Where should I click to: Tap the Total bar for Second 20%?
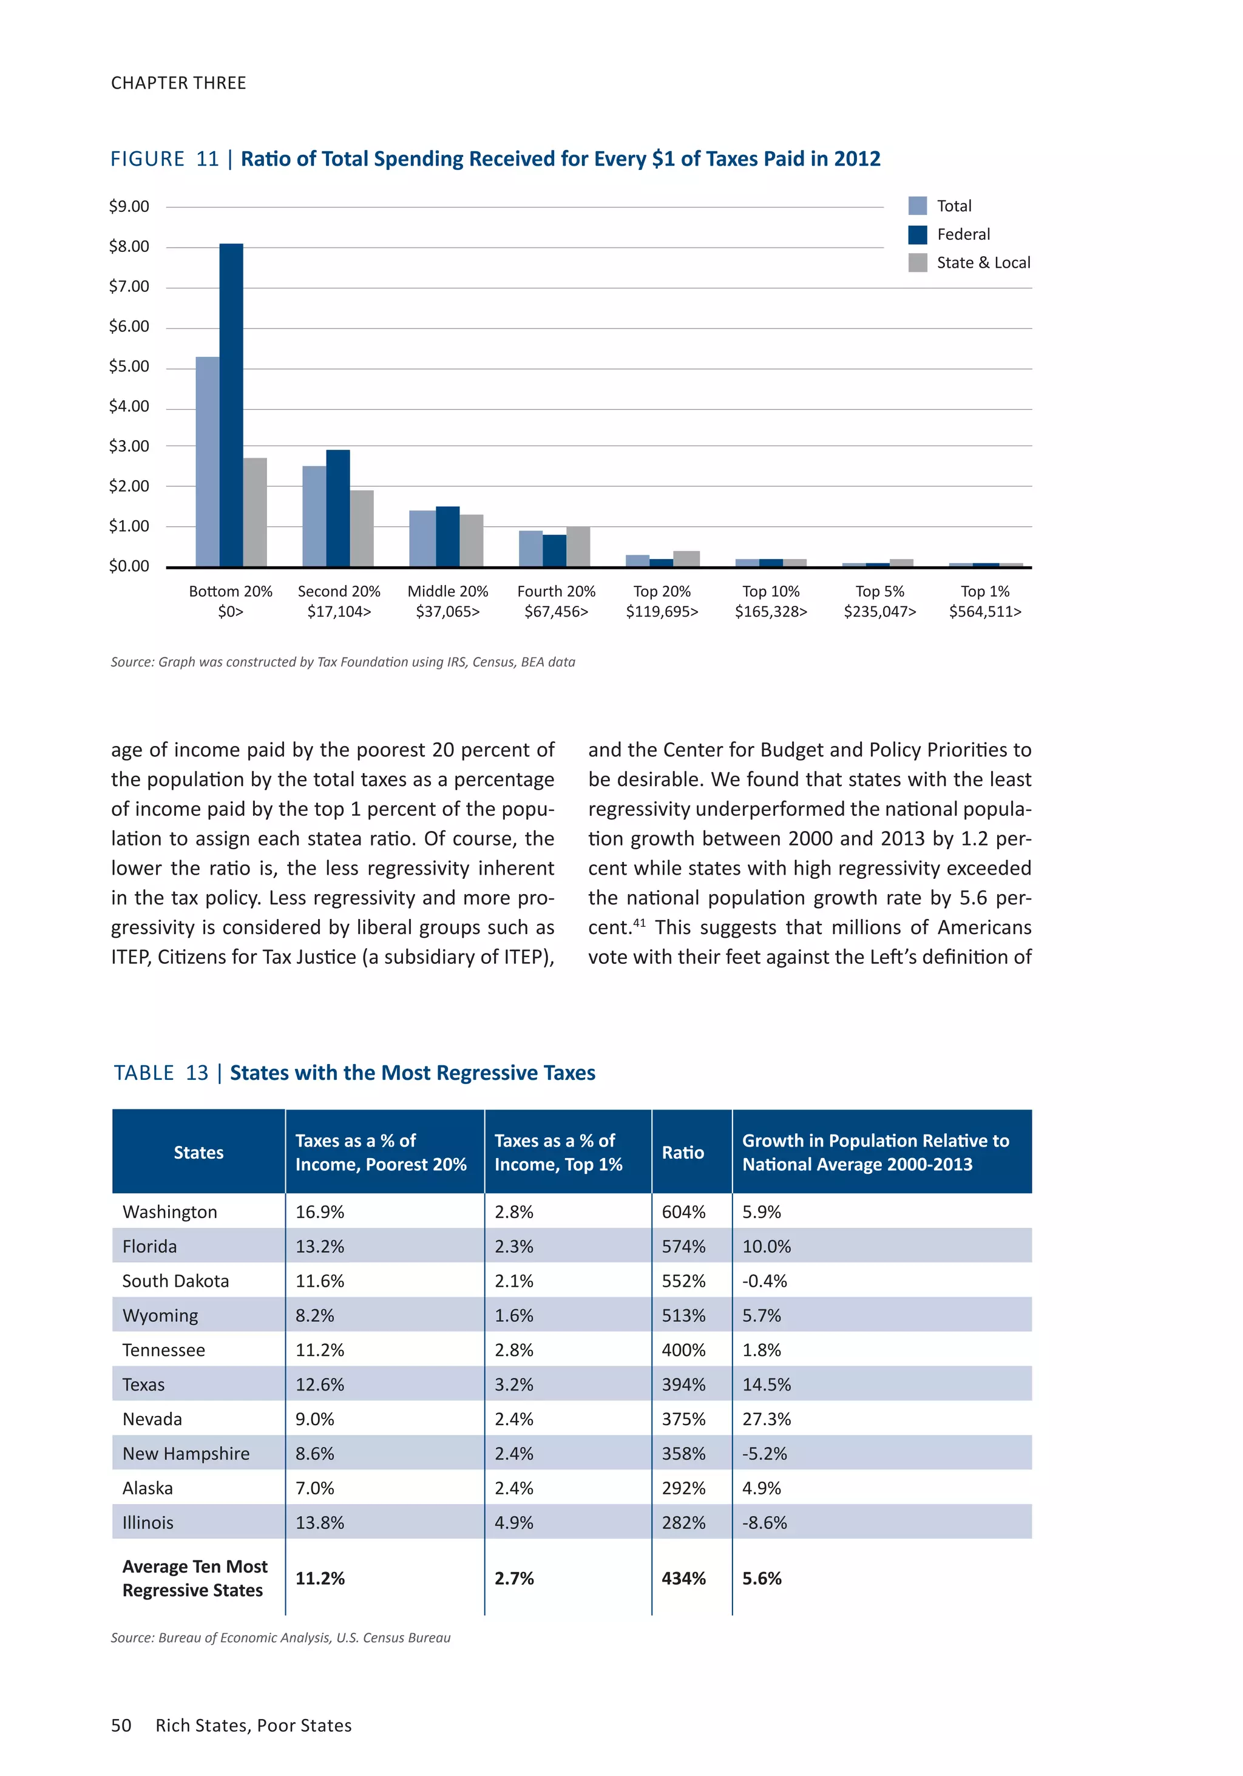[314, 516]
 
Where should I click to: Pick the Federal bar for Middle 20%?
[447, 536]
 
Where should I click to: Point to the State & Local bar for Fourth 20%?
[578, 546]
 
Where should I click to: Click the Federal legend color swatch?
[917, 234]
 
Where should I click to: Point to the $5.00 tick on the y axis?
[129, 367]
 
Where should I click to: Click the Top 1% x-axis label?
[984, 592]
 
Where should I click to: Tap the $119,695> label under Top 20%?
[662, 612]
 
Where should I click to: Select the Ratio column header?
[683, 1153]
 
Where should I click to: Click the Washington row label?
[169, 1212]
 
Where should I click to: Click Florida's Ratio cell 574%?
[683, 1247]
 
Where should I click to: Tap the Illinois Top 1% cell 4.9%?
[513, 1523]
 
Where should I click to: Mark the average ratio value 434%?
[683, 1579]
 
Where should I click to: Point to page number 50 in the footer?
[121, 1726]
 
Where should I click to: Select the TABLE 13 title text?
[354, 1073]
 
